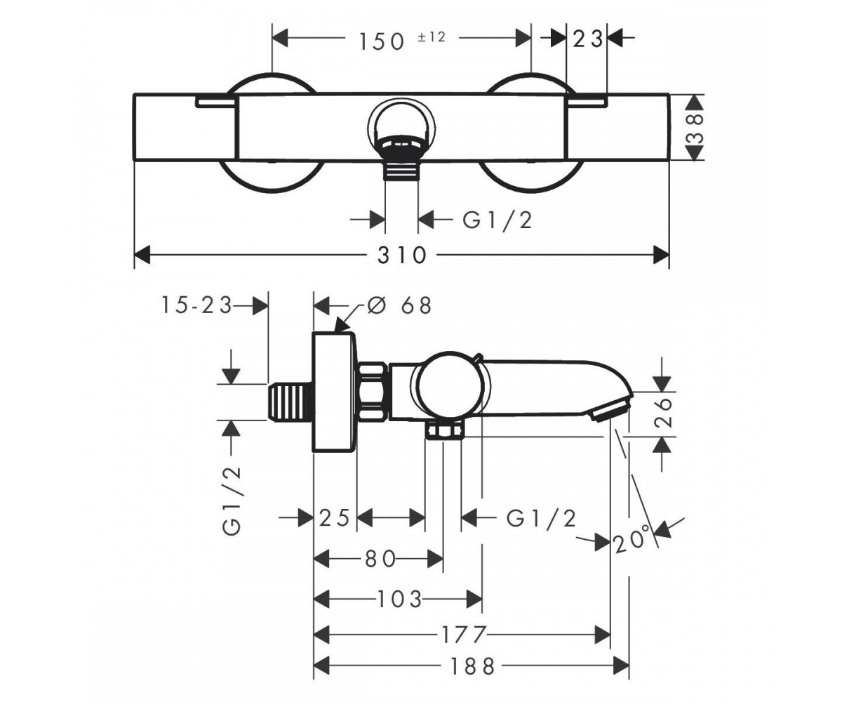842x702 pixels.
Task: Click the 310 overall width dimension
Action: [401, 256]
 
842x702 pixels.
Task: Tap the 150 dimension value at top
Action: [382, 42]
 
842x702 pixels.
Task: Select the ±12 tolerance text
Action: [432, 37]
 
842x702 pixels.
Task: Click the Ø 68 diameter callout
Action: [399, 305]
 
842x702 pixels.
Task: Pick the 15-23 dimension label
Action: [196, 305]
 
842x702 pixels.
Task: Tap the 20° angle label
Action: [632, 541]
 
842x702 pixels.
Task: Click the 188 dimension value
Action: [472, 666]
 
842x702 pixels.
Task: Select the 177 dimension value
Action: [464, 635]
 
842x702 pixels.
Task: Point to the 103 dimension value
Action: [399, 599]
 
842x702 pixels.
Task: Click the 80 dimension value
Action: [380, 559]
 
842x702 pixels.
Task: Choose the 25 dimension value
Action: [334, 517]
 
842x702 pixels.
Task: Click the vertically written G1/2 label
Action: [232, 501]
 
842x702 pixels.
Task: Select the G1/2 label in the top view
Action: [497, 220]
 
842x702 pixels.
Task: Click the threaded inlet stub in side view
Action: [290, 402]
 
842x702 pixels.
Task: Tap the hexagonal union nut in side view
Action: [372, 391]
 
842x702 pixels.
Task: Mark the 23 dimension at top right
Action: [587, 39]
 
